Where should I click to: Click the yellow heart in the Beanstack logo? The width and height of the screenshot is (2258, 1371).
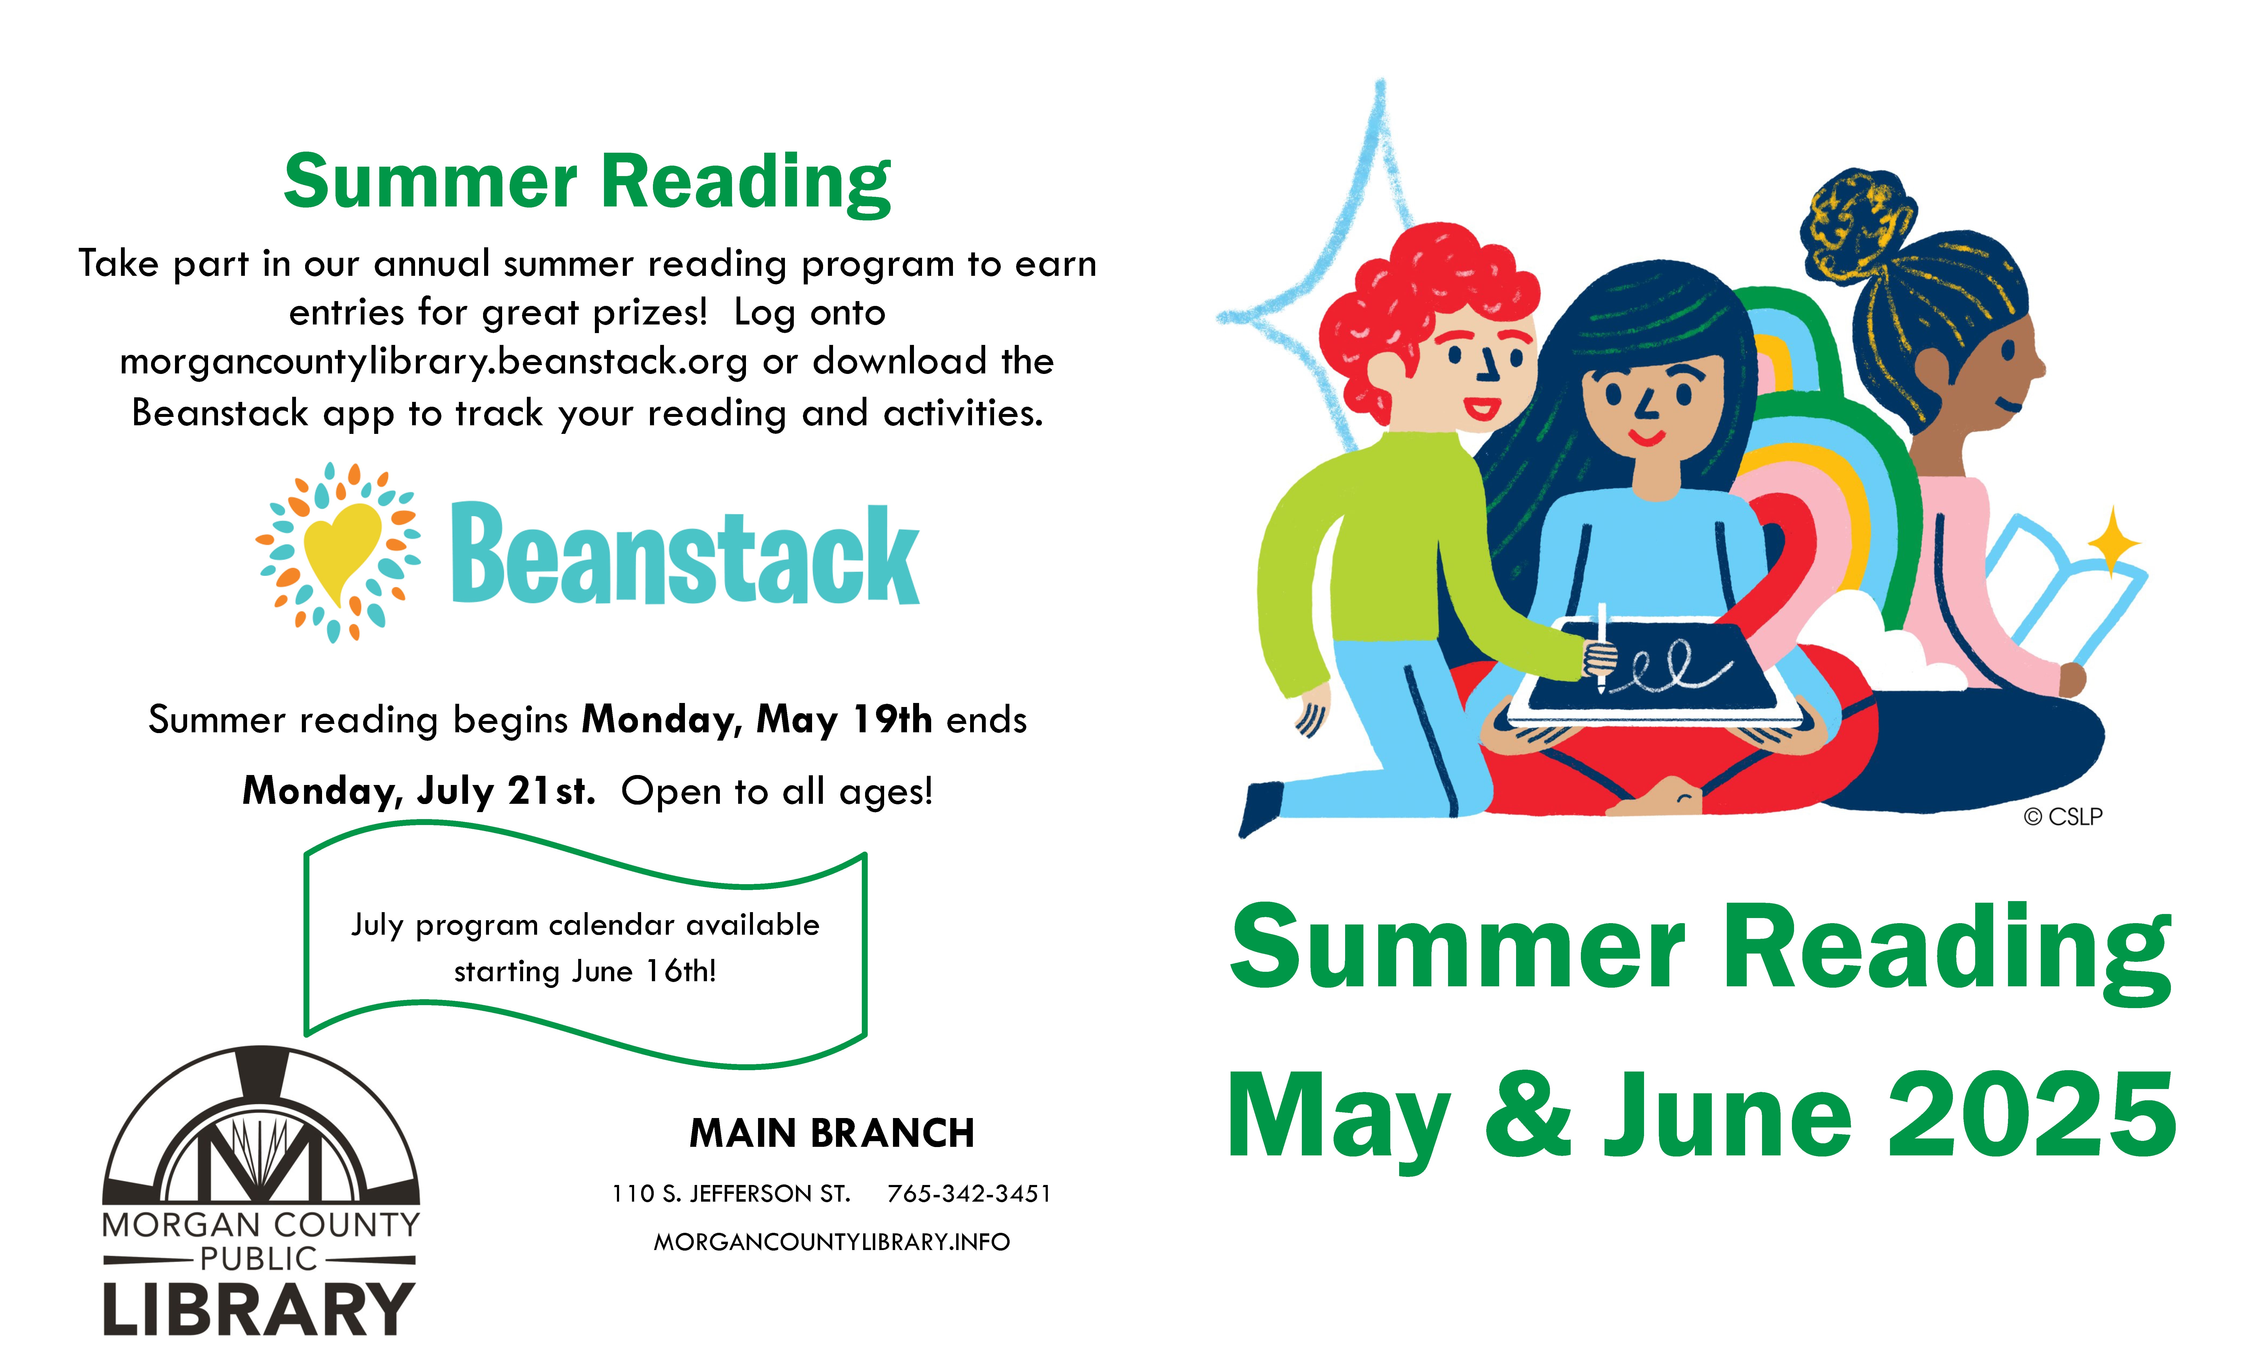341,550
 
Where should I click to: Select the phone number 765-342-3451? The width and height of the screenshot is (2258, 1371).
969,1193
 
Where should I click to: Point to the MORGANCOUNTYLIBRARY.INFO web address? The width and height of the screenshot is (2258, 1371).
831,1242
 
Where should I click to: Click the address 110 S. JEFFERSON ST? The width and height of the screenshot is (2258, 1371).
731,1193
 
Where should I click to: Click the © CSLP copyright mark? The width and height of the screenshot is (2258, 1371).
2063,817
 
